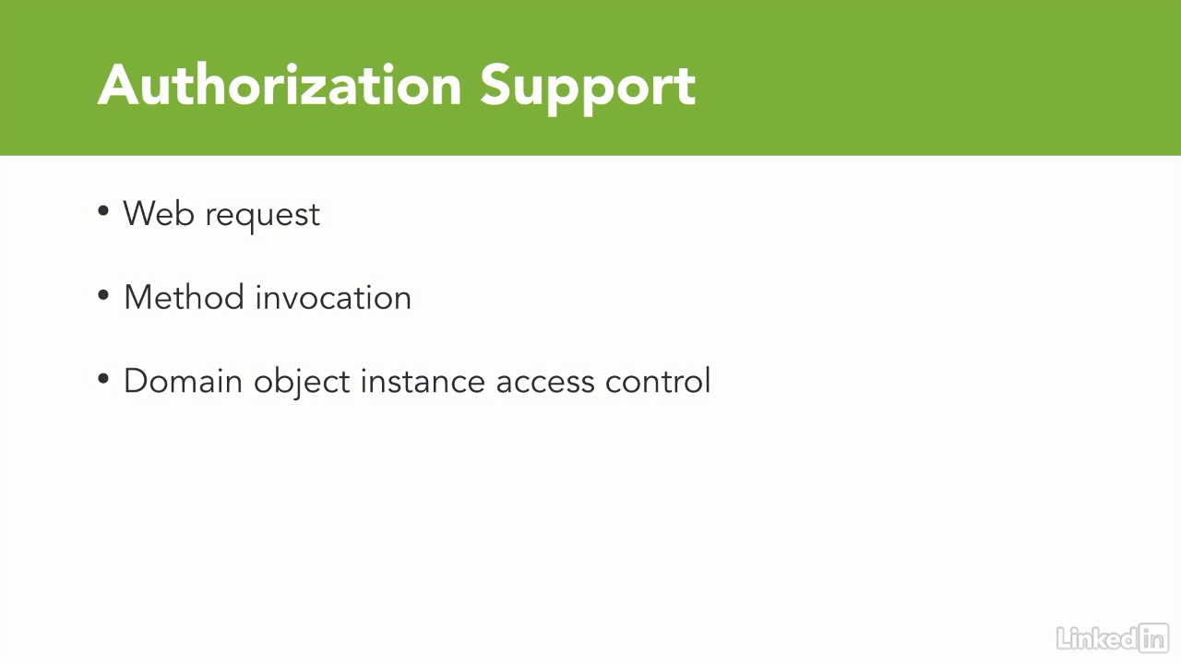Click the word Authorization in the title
click(x=280, y=86)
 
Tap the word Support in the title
click(x=588, y=89)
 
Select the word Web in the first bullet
click(x=159, y=213)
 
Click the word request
click(x=263, y=217)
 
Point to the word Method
click(x=184, y=297)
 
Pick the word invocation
click(x=333, y=297)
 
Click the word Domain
click(x=183, y=381)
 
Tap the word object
click(x=302, y=383)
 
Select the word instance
click(x=423, y=381)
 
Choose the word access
click(x=545, y=383)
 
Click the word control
click(x=658, y=381)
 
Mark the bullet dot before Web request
click(x=103, y=211)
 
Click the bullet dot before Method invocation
click(x=103, y=295)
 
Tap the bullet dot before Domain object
click(x=103, y=378)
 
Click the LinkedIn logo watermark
click(x=1113, y=637)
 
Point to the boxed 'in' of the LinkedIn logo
click(x=1154, y=637)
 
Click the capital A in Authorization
click(x=121, y=86)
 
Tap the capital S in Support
click(x=496, y=86)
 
